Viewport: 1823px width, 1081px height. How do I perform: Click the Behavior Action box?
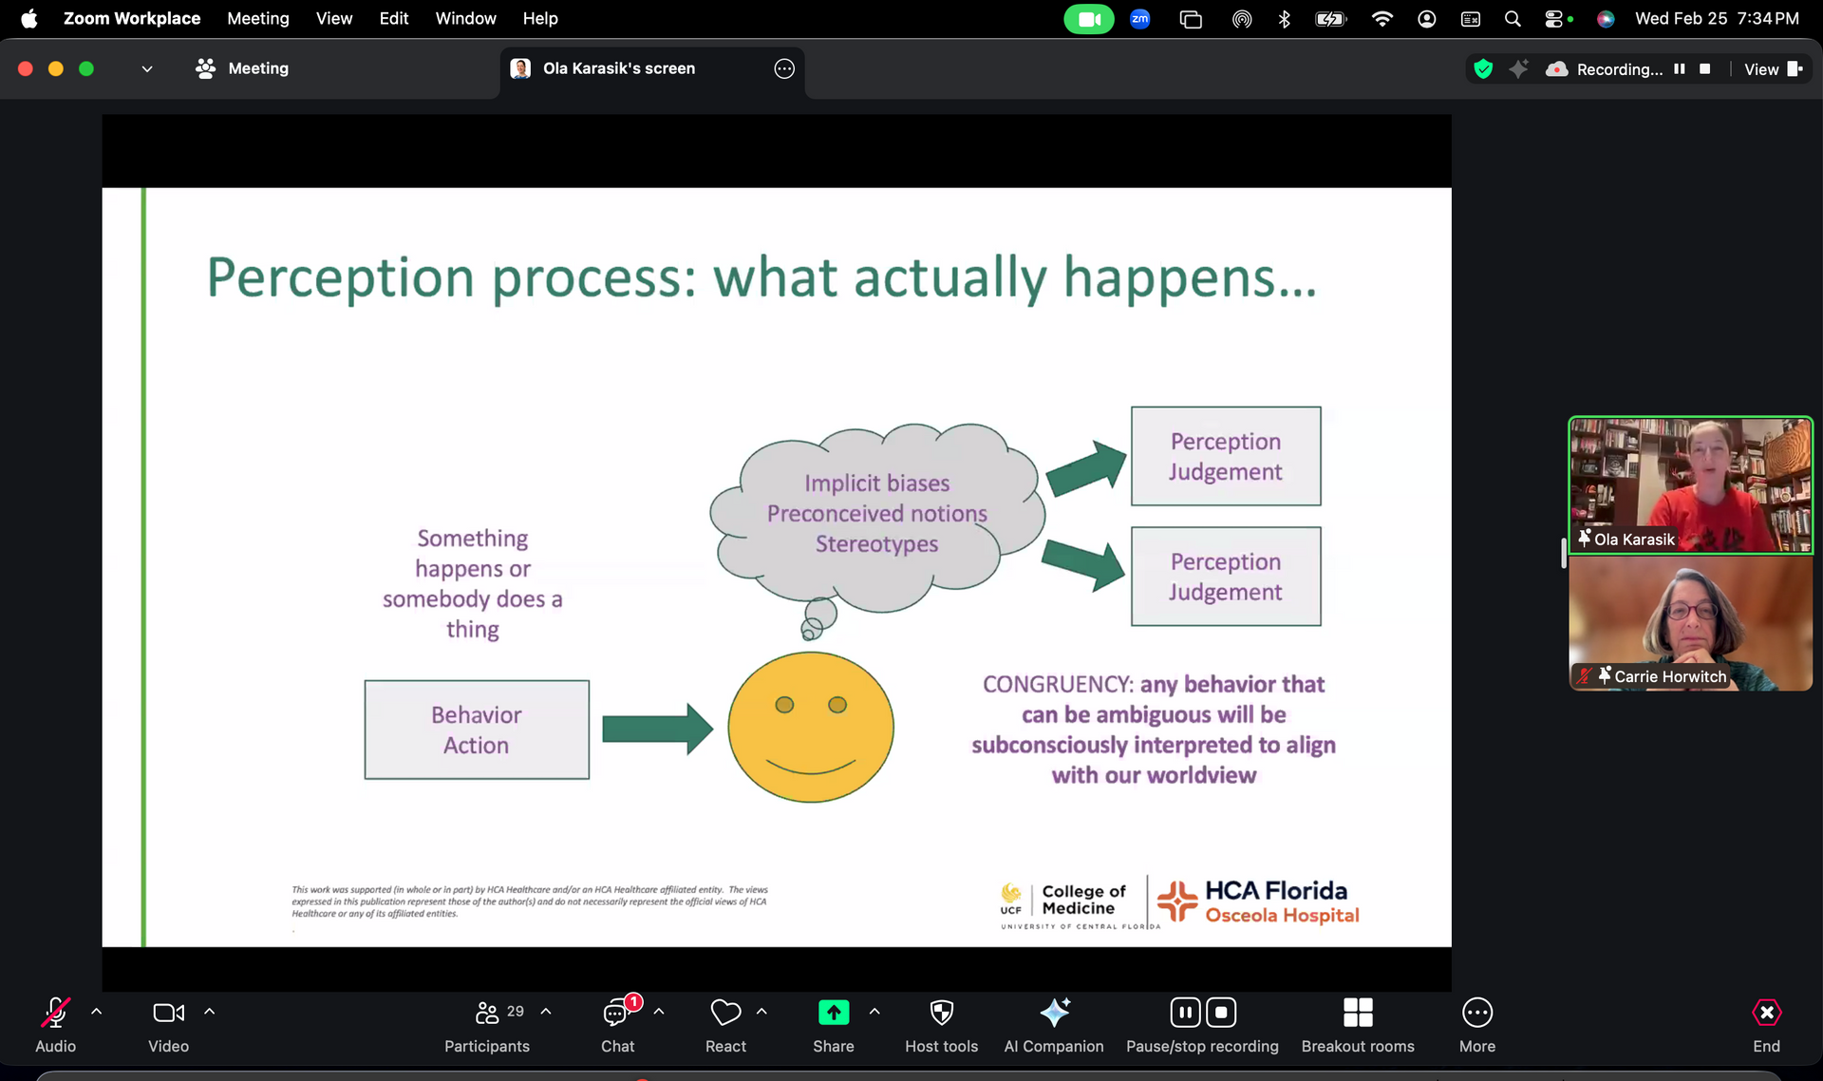477,730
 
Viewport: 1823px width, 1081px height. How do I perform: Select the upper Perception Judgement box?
1226,456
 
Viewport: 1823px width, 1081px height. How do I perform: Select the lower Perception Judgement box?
1226,577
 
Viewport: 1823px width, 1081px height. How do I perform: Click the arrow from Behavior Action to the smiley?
657,729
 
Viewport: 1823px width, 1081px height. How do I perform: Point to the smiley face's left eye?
784,705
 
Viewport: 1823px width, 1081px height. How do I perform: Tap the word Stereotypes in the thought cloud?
876,544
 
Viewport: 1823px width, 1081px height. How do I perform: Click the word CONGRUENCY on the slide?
1058,685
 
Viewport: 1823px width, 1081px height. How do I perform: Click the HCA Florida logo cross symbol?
1177,901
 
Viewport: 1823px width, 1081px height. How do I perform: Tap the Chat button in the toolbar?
618,1024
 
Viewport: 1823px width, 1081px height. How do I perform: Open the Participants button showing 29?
487,1024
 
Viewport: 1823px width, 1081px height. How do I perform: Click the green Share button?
834,1024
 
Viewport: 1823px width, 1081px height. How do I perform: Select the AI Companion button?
1054,1024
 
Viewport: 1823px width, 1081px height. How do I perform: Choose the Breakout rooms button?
1358,1024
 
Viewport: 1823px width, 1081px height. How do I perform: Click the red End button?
1766,1024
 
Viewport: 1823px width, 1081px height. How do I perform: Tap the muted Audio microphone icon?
55,1013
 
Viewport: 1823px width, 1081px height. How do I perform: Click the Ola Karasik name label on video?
1634,540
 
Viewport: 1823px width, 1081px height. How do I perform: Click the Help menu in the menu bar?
540,18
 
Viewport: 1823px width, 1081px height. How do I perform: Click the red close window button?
26,68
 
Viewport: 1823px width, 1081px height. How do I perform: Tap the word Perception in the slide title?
340,278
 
